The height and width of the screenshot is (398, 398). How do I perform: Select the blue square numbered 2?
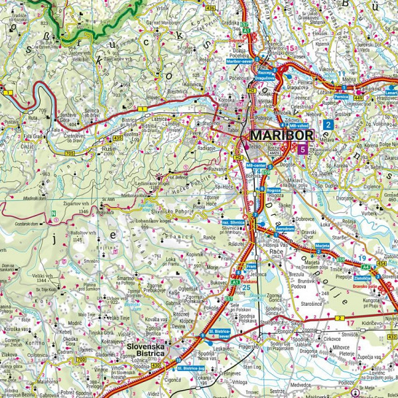pos(328,124)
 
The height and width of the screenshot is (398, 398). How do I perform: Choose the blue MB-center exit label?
pos(255,165)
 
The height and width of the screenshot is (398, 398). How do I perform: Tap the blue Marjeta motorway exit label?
pos(323,245)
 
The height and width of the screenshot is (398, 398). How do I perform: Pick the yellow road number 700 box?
pos(82,360)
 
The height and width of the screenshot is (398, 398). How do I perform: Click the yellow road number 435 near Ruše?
pos(117,137)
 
